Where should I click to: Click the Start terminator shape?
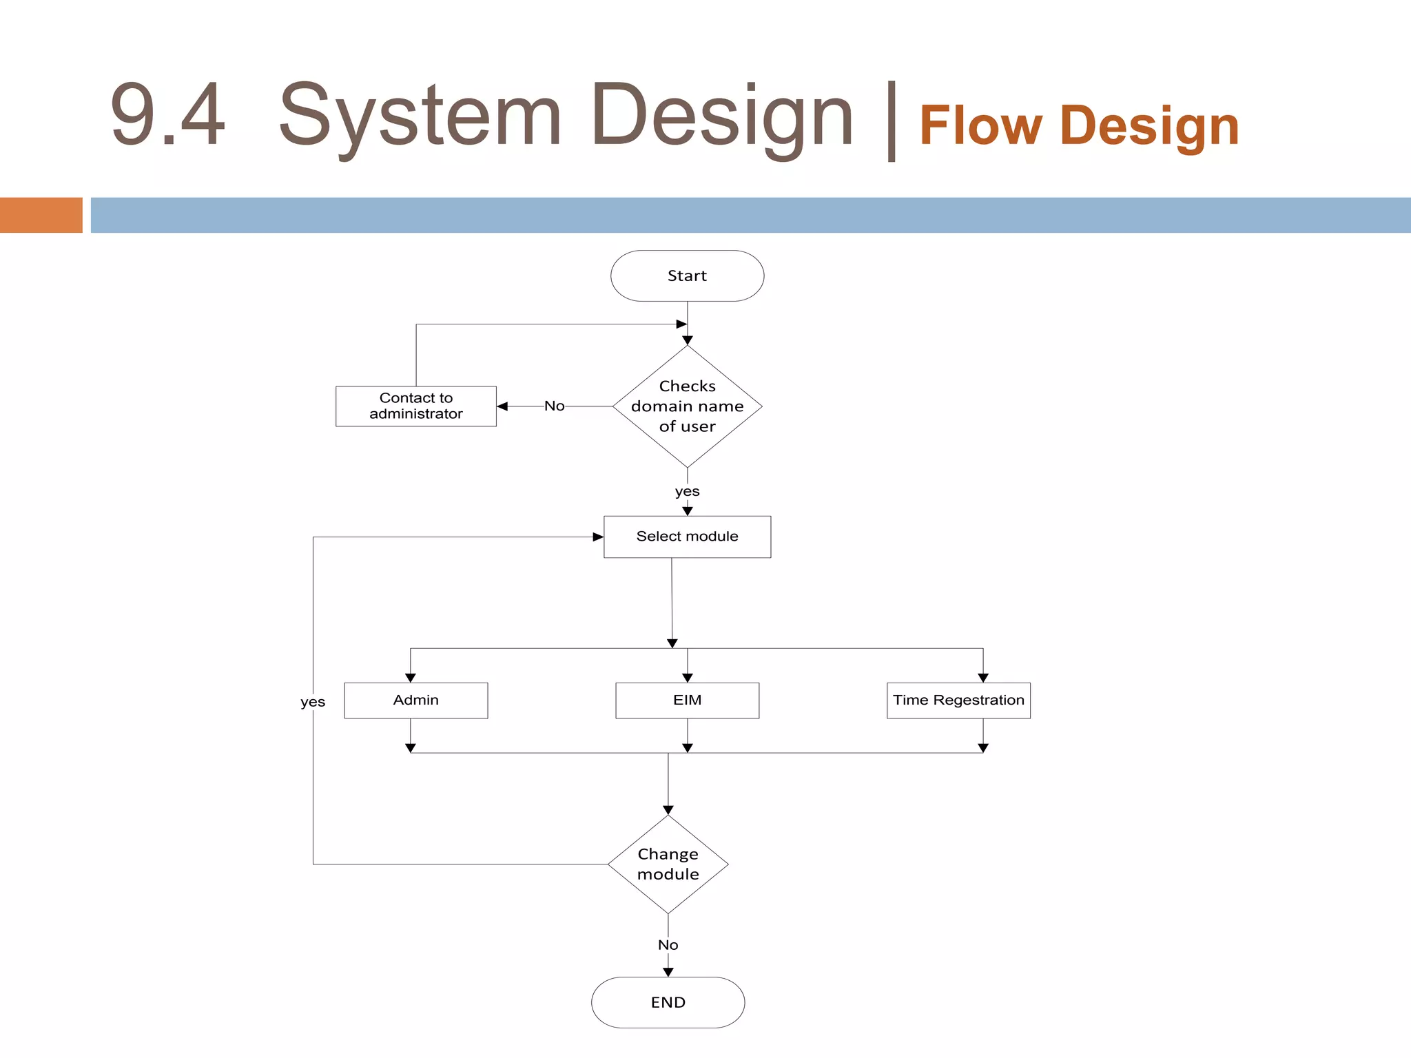(687, 276)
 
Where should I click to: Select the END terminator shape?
(668, 1002)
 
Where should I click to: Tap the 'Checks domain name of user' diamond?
(687, 406)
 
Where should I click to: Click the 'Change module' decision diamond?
(668, 864)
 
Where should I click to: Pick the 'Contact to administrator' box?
(415, 406)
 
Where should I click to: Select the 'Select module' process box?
(687, 537)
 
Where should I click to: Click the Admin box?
(415, 701)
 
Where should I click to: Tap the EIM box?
(687, 701)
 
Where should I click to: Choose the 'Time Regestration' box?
(958, 701)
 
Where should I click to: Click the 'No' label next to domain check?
(554, 406)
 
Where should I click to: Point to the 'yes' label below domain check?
(687, 491)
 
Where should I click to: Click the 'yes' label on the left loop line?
(313, 702)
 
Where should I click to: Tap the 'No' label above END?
(668, 945)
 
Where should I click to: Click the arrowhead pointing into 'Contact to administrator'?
(502, 406)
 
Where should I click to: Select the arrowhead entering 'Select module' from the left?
(598, 537)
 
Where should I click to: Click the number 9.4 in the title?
(167, 114)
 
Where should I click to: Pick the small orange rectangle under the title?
(41, 215)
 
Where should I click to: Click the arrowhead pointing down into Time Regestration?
(983, 678)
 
